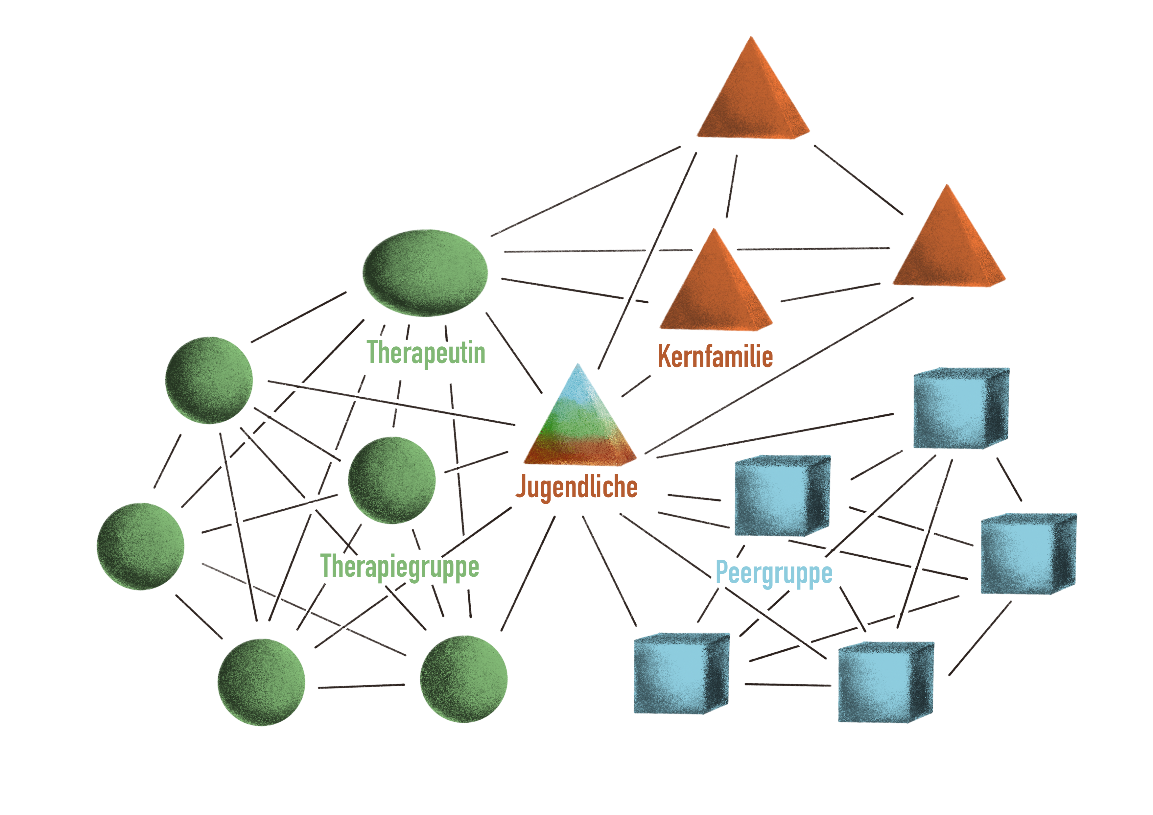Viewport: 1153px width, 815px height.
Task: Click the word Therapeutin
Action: pyautogui.click(x=426, y=353)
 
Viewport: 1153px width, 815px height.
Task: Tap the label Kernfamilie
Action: pyautogui.click(x=715, y=356)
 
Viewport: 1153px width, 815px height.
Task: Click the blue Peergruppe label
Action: pyautogui.click(x=774, y=573)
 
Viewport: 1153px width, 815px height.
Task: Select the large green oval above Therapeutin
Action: pyautogui.click(x=425, y=273)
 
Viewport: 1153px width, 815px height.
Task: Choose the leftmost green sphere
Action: pyautogui.click(x=141, y=547)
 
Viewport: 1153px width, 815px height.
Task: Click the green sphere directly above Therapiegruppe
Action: pyautogui.click(x=392, y=480)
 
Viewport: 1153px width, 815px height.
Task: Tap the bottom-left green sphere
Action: pyautogui.click(x=261, y=682)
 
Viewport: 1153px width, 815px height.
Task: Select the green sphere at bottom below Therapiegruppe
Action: pyautogui.click(x=463, y=679)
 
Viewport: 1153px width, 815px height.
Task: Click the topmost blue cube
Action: pyautogui.click(x=961, y=408)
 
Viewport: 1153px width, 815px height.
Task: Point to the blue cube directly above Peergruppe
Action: pyautogui.click(x=782, y=496)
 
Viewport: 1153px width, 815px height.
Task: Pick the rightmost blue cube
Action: pyautogui.click(x=1028, y=553)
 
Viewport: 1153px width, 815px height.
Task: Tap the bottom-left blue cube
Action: pyautogui.click(x=681, y=673)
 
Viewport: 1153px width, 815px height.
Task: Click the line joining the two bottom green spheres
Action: pyautogui.click(x=362, y=686)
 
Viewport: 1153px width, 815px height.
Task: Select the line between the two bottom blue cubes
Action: pyautogui.click(x=788, y=685)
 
